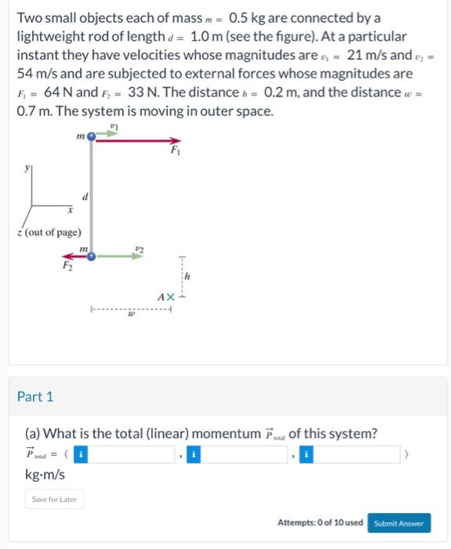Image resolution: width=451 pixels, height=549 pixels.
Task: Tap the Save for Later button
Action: pyautogui.click(x=54, y=499)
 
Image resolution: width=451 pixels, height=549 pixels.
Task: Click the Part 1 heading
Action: pyautogui.click(x=35, y=397)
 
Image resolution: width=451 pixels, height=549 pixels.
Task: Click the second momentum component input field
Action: pyautogui.click(x=240, y=453)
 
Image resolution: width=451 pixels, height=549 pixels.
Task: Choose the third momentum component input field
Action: pyautogui.click(x=352, y=453)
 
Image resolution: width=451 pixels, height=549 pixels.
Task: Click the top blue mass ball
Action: pyautogui.click(x=92, y=136)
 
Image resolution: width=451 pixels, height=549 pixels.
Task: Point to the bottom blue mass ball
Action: pyautogui.click(x=92, y=256)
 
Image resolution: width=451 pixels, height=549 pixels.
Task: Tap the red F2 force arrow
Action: pyautogui.click(x=72, y=256)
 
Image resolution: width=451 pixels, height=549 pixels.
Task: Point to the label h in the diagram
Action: pyautogui.click(x=187, y=278)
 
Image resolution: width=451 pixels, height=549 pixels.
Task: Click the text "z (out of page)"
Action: pyautogui.click(x=49, y=232)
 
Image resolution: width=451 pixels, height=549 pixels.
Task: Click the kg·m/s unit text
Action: pyautogui.click(x=45, y=475)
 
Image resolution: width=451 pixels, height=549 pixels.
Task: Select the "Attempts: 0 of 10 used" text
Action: pyautogui.click(x=320, y=523)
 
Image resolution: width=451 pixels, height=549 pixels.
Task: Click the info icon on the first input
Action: pyautogui.click(x=82, y=453)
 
